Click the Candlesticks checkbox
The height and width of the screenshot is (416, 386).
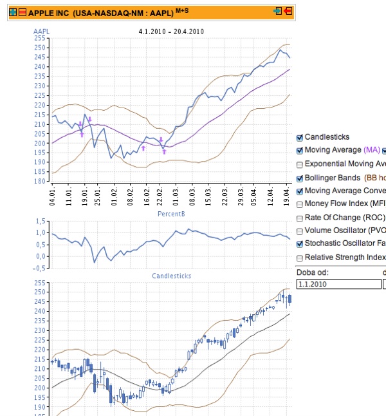click(x=300, y=137)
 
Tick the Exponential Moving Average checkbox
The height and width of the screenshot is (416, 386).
click(x=300, y=164)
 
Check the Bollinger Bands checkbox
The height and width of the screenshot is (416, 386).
click(x=300, y=178)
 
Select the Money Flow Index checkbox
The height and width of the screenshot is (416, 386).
click(x=300, y=204)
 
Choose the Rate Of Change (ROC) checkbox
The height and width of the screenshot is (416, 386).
click(x=300, y=218)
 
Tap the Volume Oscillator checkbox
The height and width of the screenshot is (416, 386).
click(x=300, y=231)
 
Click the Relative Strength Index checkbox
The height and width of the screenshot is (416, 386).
click(x=300, y=258)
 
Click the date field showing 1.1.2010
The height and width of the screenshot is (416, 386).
click(x=337, y=283)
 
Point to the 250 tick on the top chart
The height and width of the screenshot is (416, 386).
click(x=40, y=48)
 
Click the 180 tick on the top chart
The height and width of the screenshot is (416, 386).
click(x=40, y=182)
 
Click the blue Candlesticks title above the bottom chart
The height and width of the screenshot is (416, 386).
click(x=171, y=276)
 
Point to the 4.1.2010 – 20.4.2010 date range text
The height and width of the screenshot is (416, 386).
click(x=171, y=31)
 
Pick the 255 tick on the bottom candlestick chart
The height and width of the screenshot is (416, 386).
click(x=40, y=283)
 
